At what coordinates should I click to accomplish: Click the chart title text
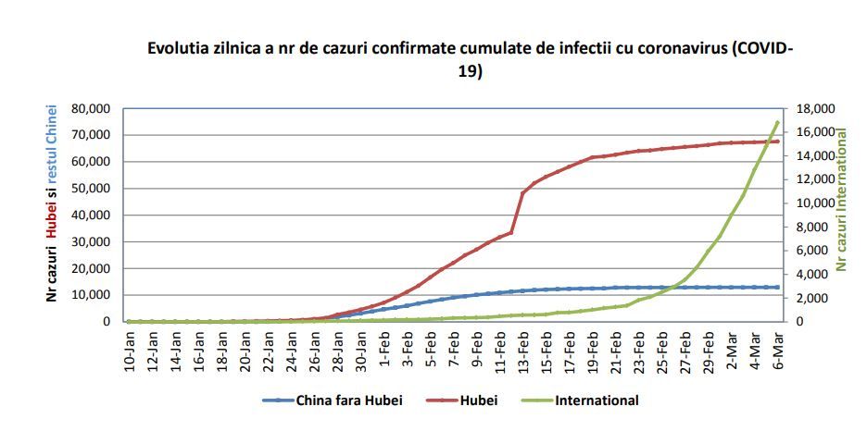coord(471,60)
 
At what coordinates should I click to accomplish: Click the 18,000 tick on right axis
coord(814,108)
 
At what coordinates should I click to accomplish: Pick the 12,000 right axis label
coord(814,179)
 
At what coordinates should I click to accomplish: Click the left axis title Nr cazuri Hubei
coord(53,203)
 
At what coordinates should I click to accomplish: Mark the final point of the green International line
coord(777,122)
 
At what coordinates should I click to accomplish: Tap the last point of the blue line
coord(777,287)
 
